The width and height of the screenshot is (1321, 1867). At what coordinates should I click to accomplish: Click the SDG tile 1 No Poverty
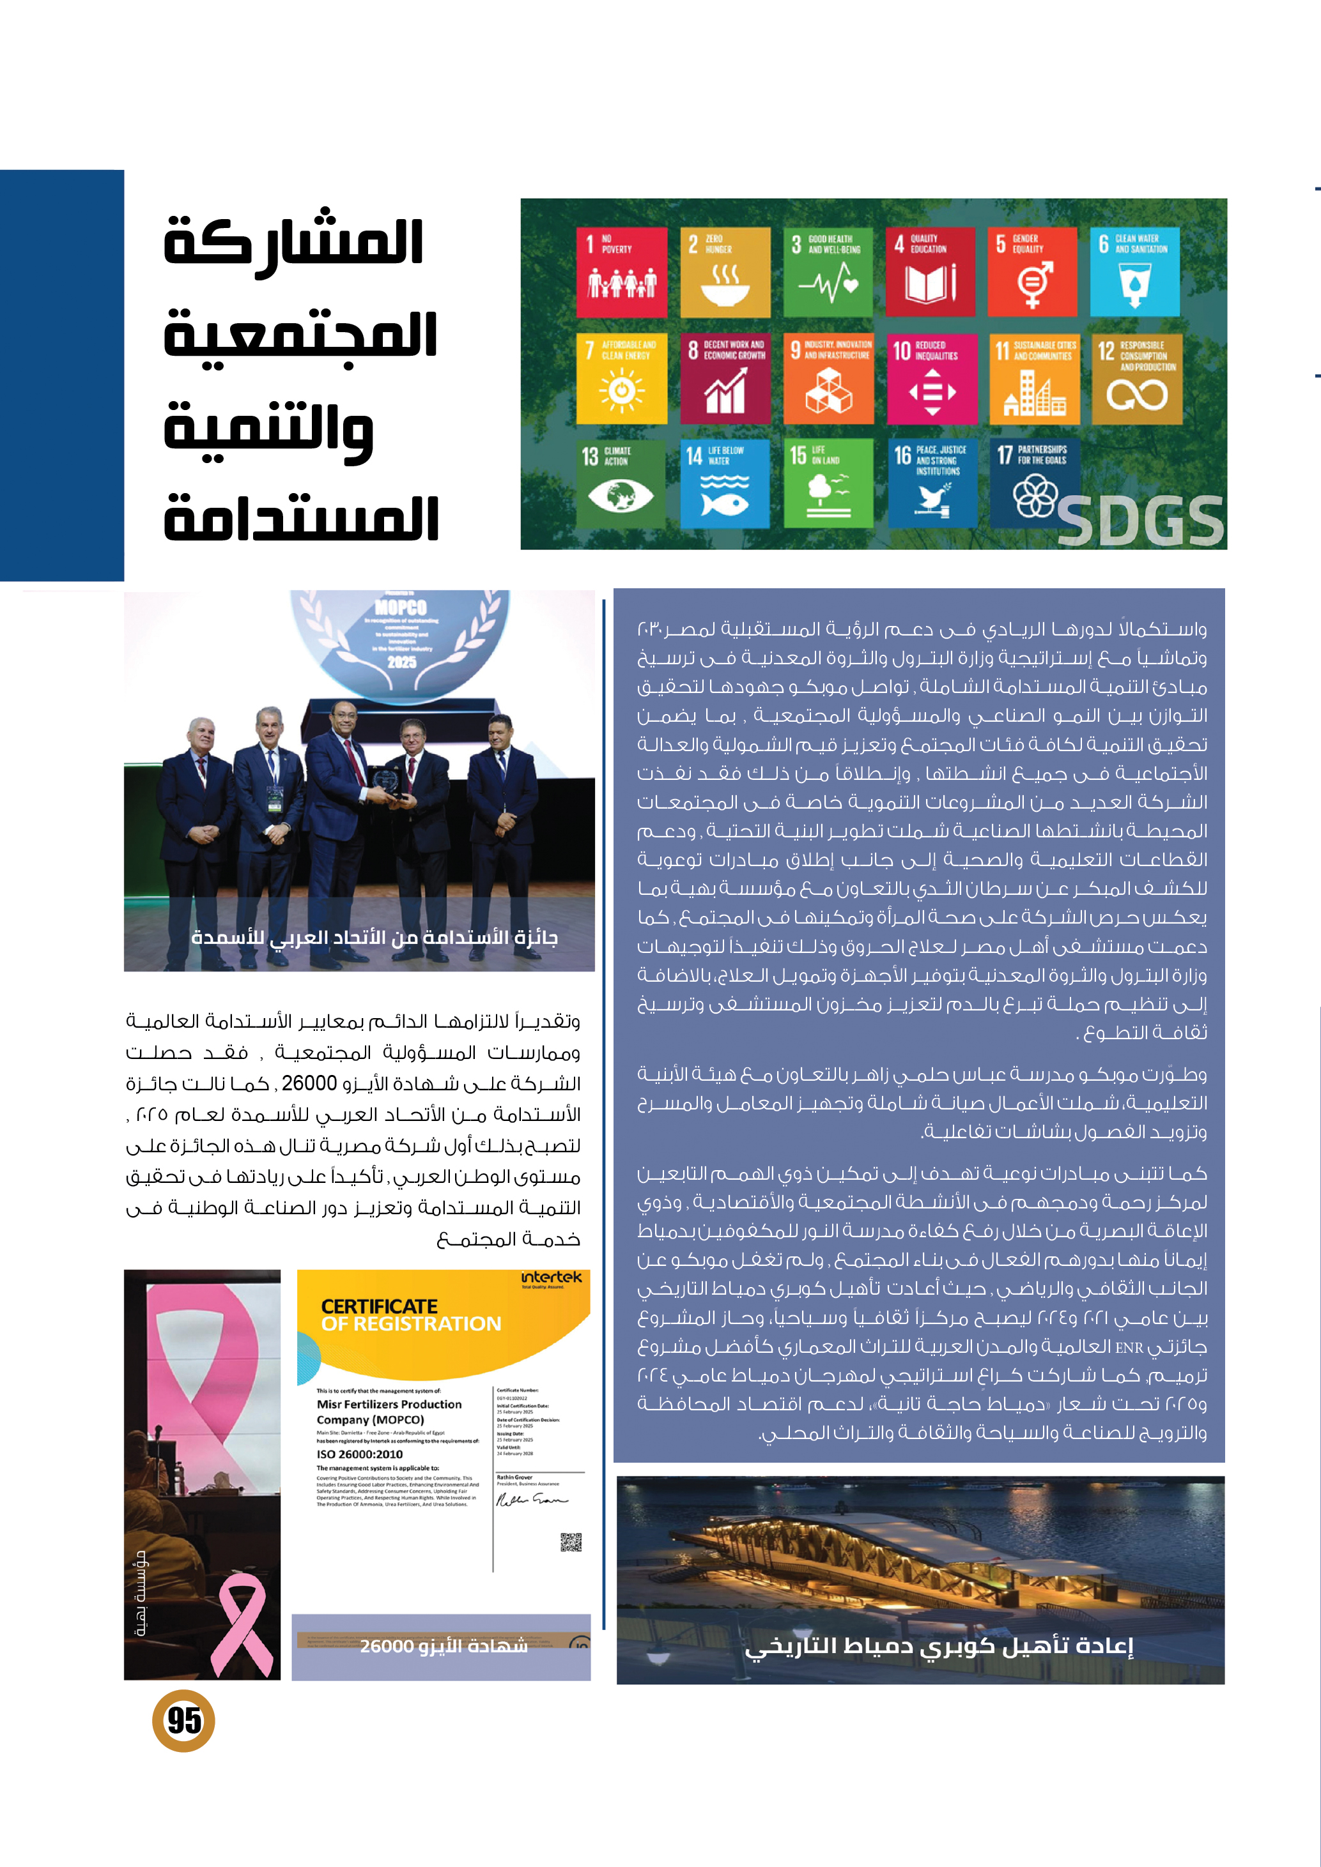(621, 271)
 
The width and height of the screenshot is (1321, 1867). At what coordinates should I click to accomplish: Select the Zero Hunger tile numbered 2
(725, 271)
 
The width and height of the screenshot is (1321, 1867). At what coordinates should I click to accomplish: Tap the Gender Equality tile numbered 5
(1032, 271)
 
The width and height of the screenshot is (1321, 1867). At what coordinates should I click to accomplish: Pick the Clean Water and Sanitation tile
(1135, 271)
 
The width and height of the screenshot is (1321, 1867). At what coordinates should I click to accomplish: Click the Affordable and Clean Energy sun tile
(621, 378)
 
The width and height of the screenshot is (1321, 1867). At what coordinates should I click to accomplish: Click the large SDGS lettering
(1140, 521)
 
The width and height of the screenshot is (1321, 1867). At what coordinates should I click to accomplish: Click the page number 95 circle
(184, 1720)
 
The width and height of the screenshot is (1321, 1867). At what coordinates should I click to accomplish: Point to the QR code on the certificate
(571, 1542)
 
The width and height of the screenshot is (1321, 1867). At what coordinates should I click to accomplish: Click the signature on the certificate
(531, 1500)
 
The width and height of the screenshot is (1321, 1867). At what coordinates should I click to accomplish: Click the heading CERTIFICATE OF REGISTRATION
(411, 1315)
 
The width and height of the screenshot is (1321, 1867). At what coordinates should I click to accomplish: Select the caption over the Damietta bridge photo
(939, 1646)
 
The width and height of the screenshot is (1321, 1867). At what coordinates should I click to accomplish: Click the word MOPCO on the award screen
(401, 607)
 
